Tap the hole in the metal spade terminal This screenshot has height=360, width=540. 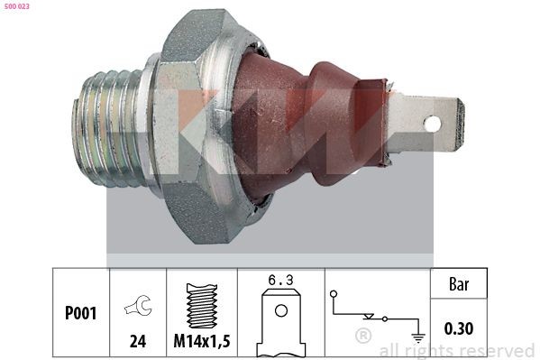(432, 123)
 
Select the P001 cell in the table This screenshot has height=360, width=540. (80, 313)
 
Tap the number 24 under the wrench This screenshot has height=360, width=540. (138, 342)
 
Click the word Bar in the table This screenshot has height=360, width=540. (460, 284)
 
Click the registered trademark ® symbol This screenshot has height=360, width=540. (363, 337)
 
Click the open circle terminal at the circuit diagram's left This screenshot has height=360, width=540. (334, 294)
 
